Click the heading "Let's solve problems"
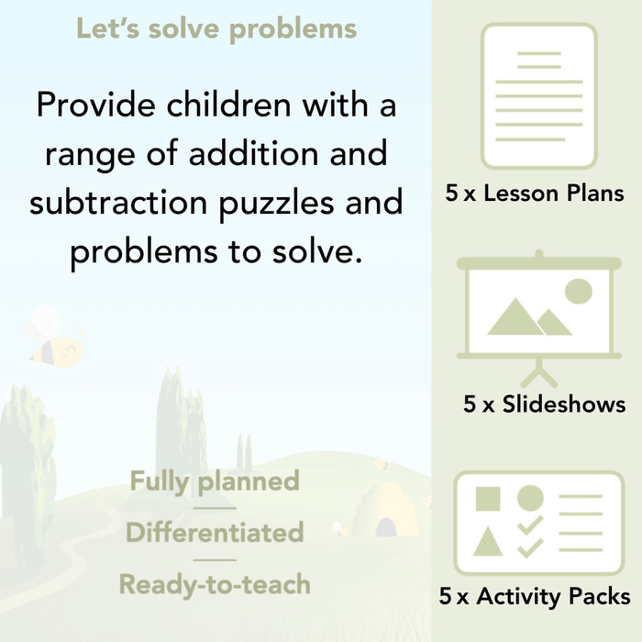(x=216, y=29)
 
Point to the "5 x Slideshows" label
(x=544, y=404)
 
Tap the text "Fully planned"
(x=215, y=481)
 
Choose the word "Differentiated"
(x=215, y=533)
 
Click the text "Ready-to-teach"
(x=215, y=584)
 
